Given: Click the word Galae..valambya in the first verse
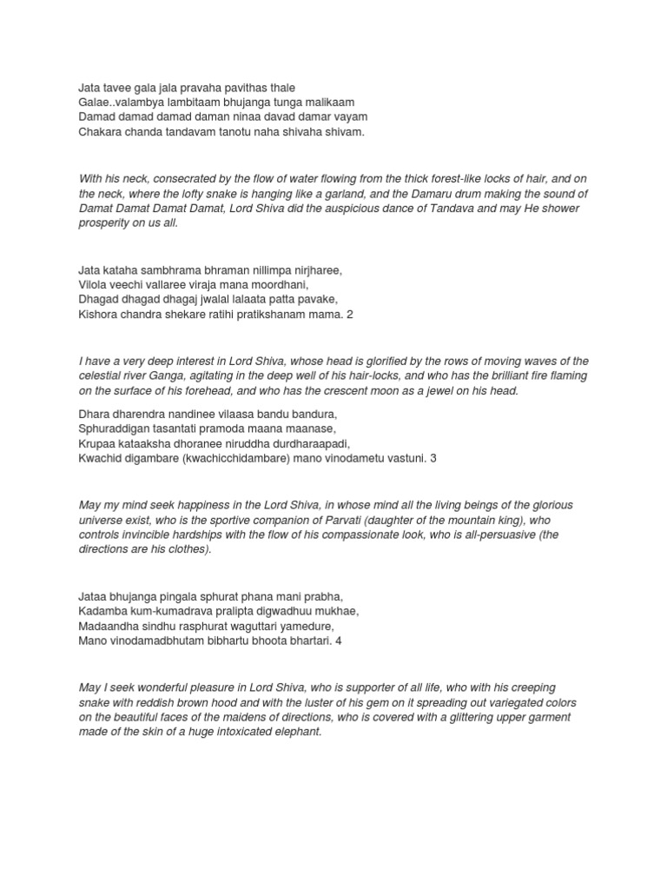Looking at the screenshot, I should click(121, 102).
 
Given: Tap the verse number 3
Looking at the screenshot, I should click(433, 457).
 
